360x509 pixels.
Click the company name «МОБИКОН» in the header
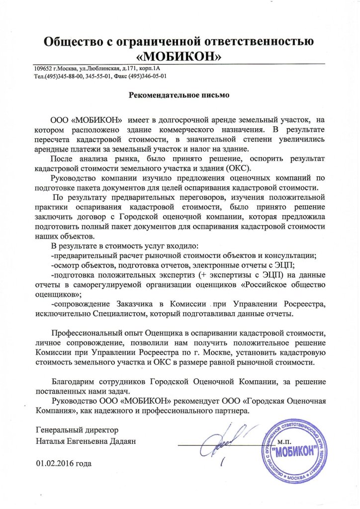tap(180, 55)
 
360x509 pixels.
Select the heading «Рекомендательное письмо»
tap(180, 94)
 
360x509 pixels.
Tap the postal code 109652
tap(44, 68)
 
